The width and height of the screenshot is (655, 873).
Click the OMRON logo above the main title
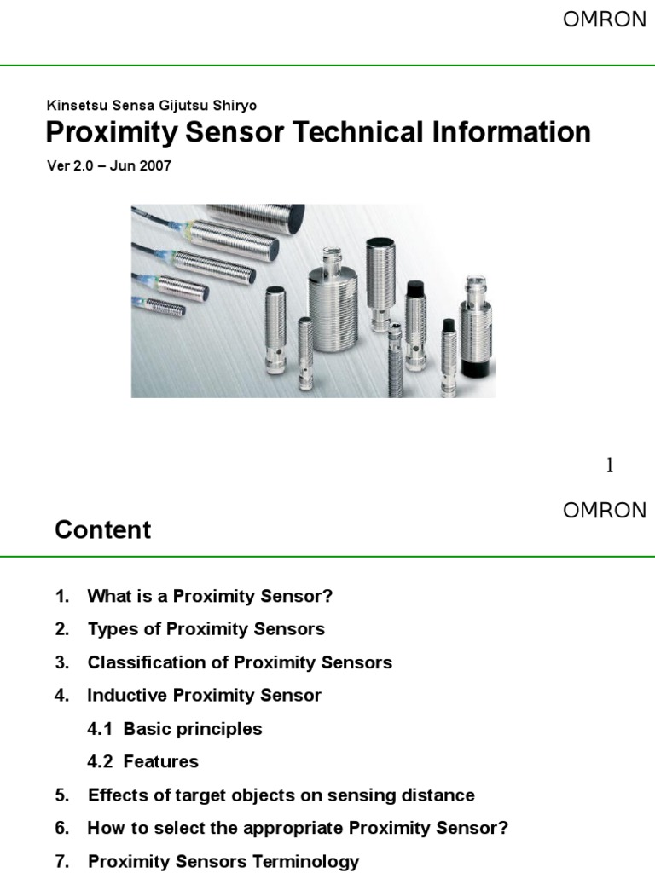pos(605,20)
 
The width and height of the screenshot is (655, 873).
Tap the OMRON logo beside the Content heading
pos(605,511)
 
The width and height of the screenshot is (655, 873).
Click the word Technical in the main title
pos(357,132)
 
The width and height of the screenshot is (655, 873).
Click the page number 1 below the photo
pos(609,465)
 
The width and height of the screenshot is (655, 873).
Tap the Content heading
pos(103,529)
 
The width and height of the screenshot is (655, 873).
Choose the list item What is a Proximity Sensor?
pos(210,596)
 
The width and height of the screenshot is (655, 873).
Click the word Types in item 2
pos(113,630)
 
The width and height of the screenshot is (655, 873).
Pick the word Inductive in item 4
pos(127,696)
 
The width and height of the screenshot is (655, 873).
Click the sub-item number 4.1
pos(100,729)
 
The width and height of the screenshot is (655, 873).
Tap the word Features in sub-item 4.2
pos(161,761)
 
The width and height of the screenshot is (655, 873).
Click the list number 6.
pos(61,829)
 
